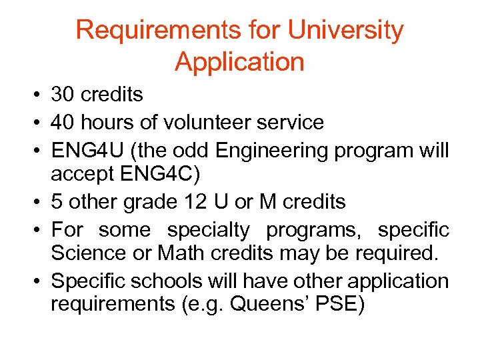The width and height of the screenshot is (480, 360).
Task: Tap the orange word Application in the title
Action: pyautogui.click(x=239, y=62)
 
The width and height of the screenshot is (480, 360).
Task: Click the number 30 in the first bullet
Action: pyautogui.click(x=64, y=95)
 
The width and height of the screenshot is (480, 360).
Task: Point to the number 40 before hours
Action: pyautogui.click(x=64, y=122)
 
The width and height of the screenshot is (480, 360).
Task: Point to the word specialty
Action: pyautogui.click(x=208, y=229)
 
